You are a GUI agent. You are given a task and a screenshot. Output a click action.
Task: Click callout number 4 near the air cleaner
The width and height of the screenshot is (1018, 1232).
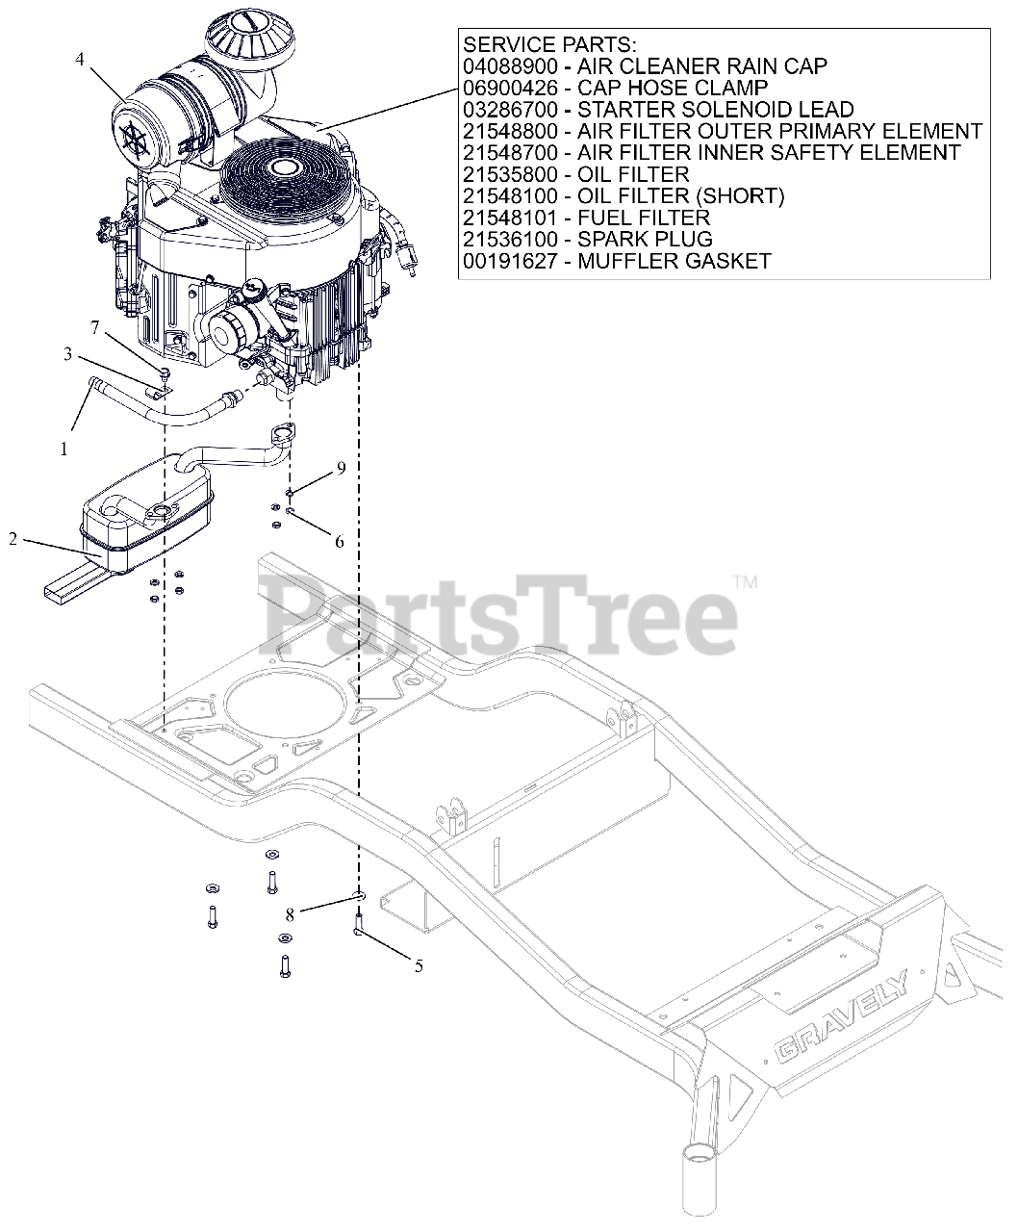coord(80,60)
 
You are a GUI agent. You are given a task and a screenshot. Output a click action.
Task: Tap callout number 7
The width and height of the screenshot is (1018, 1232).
coord(95,327)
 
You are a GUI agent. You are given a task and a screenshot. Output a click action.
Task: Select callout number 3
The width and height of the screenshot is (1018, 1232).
coord(67,354)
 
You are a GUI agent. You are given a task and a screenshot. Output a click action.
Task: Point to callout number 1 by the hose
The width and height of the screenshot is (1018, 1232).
coord(64,449)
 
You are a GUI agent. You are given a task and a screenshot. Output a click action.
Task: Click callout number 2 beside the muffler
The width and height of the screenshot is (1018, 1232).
coord(13,539)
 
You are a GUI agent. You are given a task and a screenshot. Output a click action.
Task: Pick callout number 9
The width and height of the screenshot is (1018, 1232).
coord(341,468)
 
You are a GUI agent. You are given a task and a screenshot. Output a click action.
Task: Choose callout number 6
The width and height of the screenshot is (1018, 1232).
coord(339,541)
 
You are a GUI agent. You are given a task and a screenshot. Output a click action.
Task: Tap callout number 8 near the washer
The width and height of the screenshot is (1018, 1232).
coord(290,915)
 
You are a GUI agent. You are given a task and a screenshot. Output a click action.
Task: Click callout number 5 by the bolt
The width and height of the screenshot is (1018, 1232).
coord(419,966)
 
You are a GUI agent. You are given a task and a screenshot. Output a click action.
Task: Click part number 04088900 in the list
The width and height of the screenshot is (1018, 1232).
coord(510,66)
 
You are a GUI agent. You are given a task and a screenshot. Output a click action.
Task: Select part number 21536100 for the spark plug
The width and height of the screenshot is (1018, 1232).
coord(510,239)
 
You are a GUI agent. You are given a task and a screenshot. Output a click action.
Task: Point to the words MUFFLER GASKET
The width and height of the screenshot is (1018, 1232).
coord(674,261)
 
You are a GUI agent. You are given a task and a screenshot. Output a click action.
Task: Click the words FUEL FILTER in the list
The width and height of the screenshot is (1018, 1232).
coord(644,218)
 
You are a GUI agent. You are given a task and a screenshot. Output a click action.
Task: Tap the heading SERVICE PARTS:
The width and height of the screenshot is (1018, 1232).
coord(549,45)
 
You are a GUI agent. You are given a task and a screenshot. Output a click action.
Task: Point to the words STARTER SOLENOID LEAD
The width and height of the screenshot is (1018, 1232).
coord(716,109)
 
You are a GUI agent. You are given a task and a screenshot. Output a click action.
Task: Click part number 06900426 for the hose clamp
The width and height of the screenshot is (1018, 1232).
coord(510,88)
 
